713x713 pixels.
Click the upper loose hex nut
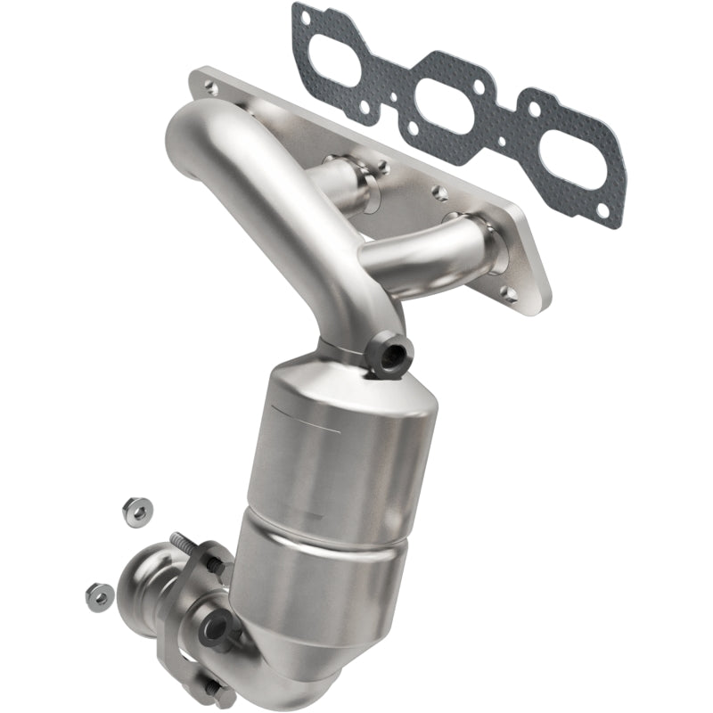point(137,510)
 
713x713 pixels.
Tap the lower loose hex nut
point(100,593)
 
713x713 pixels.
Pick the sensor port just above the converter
point(389,356)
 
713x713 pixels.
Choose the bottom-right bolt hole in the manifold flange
point(510,291)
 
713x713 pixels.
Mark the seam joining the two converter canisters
point(330,521)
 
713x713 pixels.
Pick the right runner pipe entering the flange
point(428,249)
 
